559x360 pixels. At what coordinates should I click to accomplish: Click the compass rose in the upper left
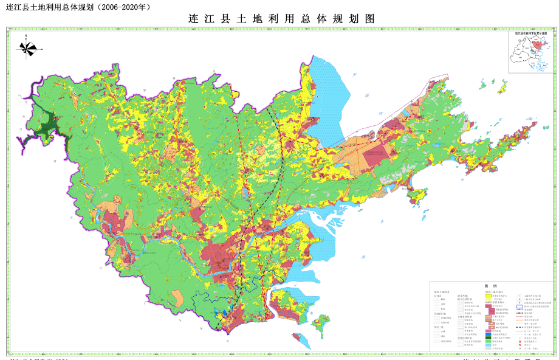28,48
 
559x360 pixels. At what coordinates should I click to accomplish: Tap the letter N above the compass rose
26,36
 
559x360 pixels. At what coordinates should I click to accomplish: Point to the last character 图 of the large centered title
369,19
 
